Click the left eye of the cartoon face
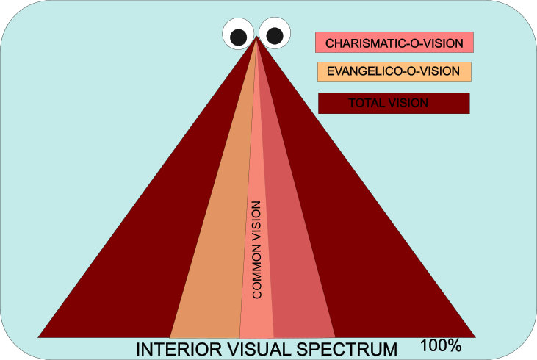(239, 34)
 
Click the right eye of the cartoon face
(273, 33)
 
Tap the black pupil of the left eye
(239, 36)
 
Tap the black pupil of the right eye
(274, 35)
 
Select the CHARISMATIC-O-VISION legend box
(394, 42)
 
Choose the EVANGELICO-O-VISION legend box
(394, 71)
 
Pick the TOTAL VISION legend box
(394, 102)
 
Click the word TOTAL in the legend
(364, 102)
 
